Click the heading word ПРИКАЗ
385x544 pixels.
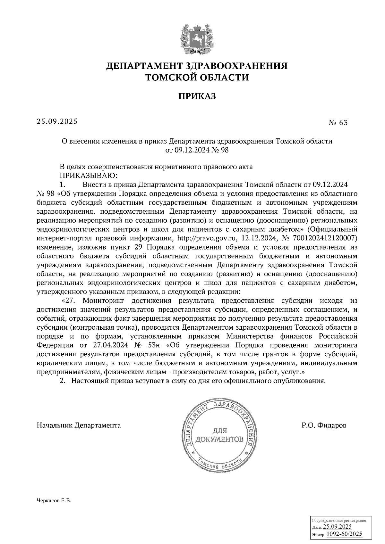[x=197, y=96]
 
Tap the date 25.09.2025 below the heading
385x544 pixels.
[x=57, y=121]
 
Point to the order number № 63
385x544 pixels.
[x=338, y=123]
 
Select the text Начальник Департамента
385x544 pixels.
[x=79, y=425]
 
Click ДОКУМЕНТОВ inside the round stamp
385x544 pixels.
[x=219, y=439]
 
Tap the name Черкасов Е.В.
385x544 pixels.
[x=53, y=510]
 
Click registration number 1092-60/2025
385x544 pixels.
[x=344, y=534]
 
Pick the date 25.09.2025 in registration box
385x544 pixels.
[x=338, y=527]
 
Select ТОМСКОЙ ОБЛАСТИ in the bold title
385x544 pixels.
[x=197, y=77]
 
